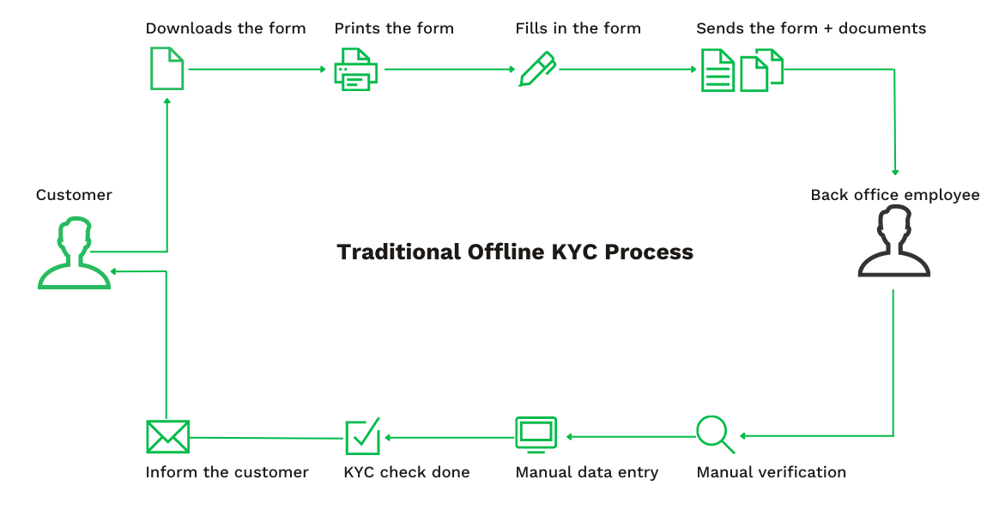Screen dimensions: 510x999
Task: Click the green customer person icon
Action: tap(74, 254)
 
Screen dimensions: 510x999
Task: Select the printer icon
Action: tap(356, 70)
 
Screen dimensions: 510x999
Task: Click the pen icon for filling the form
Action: tap(537, 70)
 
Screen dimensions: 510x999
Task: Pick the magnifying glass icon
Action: tap(715, 434)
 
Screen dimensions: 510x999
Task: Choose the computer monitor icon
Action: tap(536, 434)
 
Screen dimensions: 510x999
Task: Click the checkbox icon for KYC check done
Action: tap(362, 436)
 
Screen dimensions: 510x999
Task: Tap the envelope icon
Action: tap(167, 437)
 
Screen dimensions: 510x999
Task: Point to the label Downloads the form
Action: tap(226, 28)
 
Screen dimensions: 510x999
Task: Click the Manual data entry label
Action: tap(587, 472)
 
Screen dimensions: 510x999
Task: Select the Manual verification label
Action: tap(771, 472)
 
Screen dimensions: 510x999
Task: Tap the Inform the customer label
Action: tap(227, 472)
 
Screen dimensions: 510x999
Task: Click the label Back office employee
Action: tap(894, 195)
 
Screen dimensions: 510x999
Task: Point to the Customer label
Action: tap(74, 195)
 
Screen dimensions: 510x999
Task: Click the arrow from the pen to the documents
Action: tap(627, 70)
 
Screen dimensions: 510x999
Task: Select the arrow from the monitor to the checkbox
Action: tap(450, 437)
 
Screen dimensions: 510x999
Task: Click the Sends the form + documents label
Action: tap(811, 28)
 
